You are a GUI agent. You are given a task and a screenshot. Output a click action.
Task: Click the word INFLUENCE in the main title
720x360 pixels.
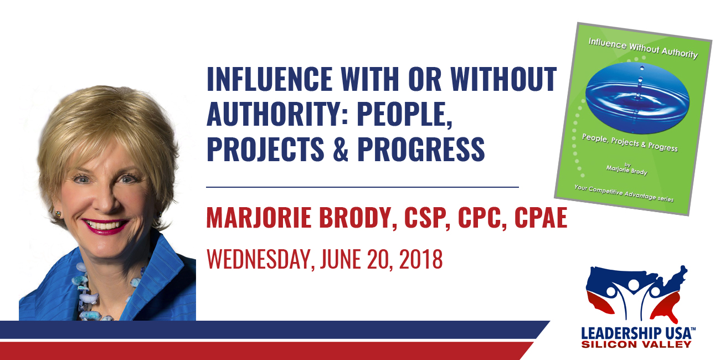click(x=269, y=79)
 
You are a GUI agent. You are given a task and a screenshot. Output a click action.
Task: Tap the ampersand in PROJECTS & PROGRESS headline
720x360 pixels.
click(x=341, y=149)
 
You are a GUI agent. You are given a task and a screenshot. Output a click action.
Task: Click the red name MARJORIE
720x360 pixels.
click(x=259, y=218)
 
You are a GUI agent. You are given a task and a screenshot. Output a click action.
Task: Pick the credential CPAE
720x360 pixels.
click(x=541, y=218)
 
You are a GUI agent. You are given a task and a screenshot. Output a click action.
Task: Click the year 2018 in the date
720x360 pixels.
click(x=421, y=259)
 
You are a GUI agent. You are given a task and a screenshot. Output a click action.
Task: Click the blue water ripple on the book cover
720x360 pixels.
click(x=637, y=97)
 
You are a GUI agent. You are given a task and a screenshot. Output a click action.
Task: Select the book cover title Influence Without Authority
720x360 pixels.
click(x=643, y=49)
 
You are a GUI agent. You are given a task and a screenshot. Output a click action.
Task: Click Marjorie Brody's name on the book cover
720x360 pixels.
click(x=627, y=170)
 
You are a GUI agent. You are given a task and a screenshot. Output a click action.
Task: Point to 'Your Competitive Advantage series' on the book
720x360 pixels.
click(x=624, y=193)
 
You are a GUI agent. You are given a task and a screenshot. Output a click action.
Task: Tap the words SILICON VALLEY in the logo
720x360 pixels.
click(x=636, y=344)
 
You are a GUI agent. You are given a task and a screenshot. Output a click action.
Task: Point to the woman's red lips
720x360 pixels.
click(x=105, y=225)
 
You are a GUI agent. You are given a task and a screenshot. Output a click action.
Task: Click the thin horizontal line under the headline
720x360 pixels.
click(x=362, y=187)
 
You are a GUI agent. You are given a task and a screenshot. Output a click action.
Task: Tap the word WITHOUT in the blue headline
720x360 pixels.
click(x=503, y=79)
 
